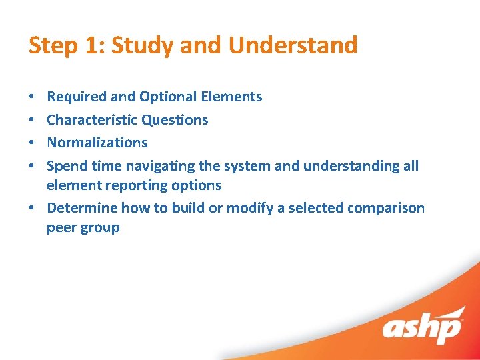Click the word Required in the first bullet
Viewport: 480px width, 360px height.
(x=77, y=97)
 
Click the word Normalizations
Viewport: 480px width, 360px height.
(x=97, y=143)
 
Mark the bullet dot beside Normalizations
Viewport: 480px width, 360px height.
(x=32, y=143)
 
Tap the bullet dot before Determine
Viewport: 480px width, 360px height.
(x=32, y=209)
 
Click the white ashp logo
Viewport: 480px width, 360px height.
(x=422, y=327)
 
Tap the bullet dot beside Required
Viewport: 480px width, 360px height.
(x=32, y=97)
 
